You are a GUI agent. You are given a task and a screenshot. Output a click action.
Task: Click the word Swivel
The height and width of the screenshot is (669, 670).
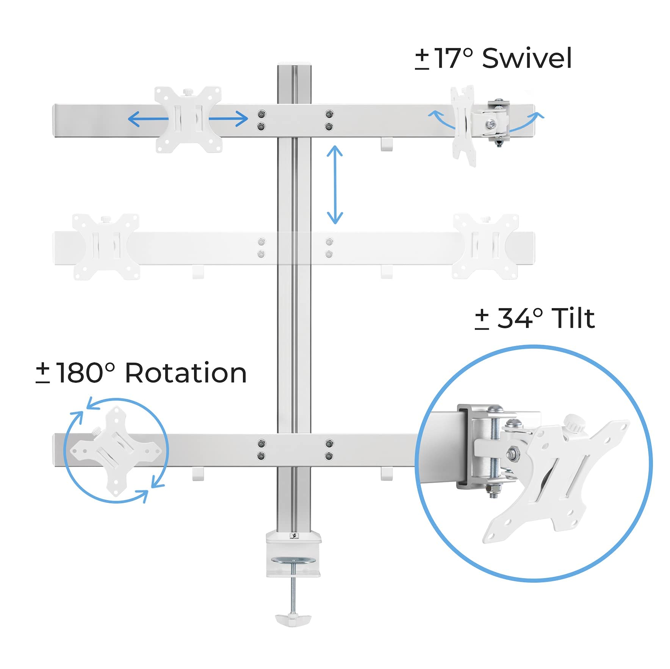tap(526, 59)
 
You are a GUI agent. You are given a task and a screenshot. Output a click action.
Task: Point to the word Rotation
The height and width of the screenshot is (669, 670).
tap(186, 373)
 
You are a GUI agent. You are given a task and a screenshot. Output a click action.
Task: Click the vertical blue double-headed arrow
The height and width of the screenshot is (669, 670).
tap(335, 185)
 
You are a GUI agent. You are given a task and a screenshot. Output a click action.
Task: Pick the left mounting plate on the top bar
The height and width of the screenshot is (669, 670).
tap(188, 119)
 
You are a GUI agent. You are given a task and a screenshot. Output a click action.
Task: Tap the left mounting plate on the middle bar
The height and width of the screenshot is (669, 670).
tap(106, 247)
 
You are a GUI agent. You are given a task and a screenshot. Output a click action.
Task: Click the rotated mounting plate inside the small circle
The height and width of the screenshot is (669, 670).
tap(116, 451)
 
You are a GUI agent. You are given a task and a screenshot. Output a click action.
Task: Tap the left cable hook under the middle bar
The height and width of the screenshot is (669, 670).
tap(198, 272)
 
